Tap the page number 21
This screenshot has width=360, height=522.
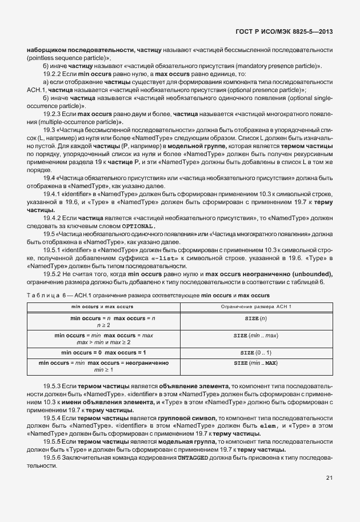tap(329, 478)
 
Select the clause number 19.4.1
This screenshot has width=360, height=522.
tap(54, 195)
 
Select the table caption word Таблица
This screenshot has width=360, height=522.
tap(42, 294)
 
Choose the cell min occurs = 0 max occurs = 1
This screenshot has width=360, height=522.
tap(103, 353)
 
